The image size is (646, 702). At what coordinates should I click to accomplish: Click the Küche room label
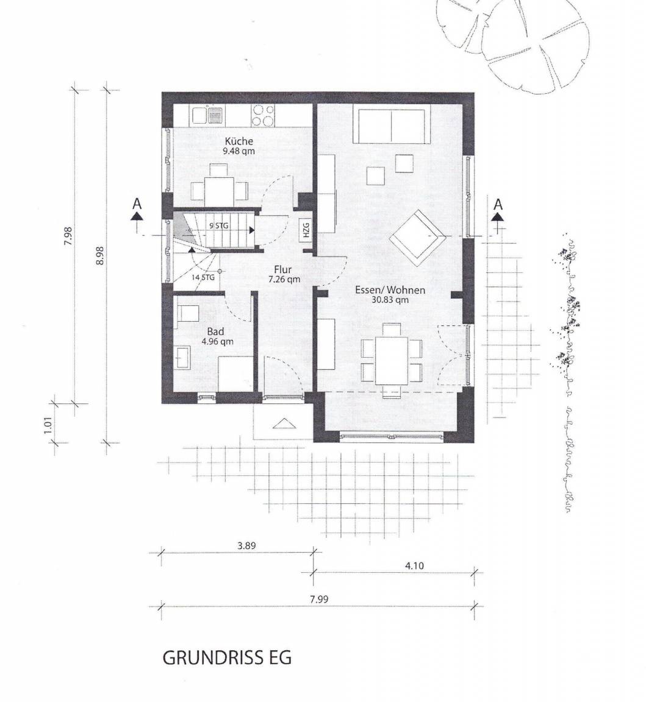pyautogui.click(x=239, y=141)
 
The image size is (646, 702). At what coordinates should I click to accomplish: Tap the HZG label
pyautogui.click(x=306, y=230)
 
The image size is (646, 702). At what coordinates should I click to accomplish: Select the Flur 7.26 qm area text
pyautogui.click(x=284, y=274)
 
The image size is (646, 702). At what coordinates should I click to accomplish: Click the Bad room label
pyautogui.click(x=215, y=331)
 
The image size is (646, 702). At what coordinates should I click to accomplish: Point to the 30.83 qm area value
pyautogui.click(x=390, y=300)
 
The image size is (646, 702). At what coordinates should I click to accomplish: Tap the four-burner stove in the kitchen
pyautogui.click(x=263, y=115)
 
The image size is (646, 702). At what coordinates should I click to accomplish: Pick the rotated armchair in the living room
pyautogui.click(x=417, y=235)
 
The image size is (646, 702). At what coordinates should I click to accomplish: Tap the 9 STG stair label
pyautogui.click(x=219, y=225)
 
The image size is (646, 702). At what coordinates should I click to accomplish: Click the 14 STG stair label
pyautogui.click(x=203, y=277)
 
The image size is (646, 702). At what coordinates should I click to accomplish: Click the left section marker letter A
pyautogui.click(x=137, y=204)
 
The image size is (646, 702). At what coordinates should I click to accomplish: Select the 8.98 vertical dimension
pyautogui.click(x=100, y=257)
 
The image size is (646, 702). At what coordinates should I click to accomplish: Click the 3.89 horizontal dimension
pyautogui.click(x=246, y=545)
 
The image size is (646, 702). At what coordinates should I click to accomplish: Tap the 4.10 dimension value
pyautogui.click(x=414, y=565)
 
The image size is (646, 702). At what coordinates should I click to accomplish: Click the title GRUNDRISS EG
pyautogui.click(x=227, y=658)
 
